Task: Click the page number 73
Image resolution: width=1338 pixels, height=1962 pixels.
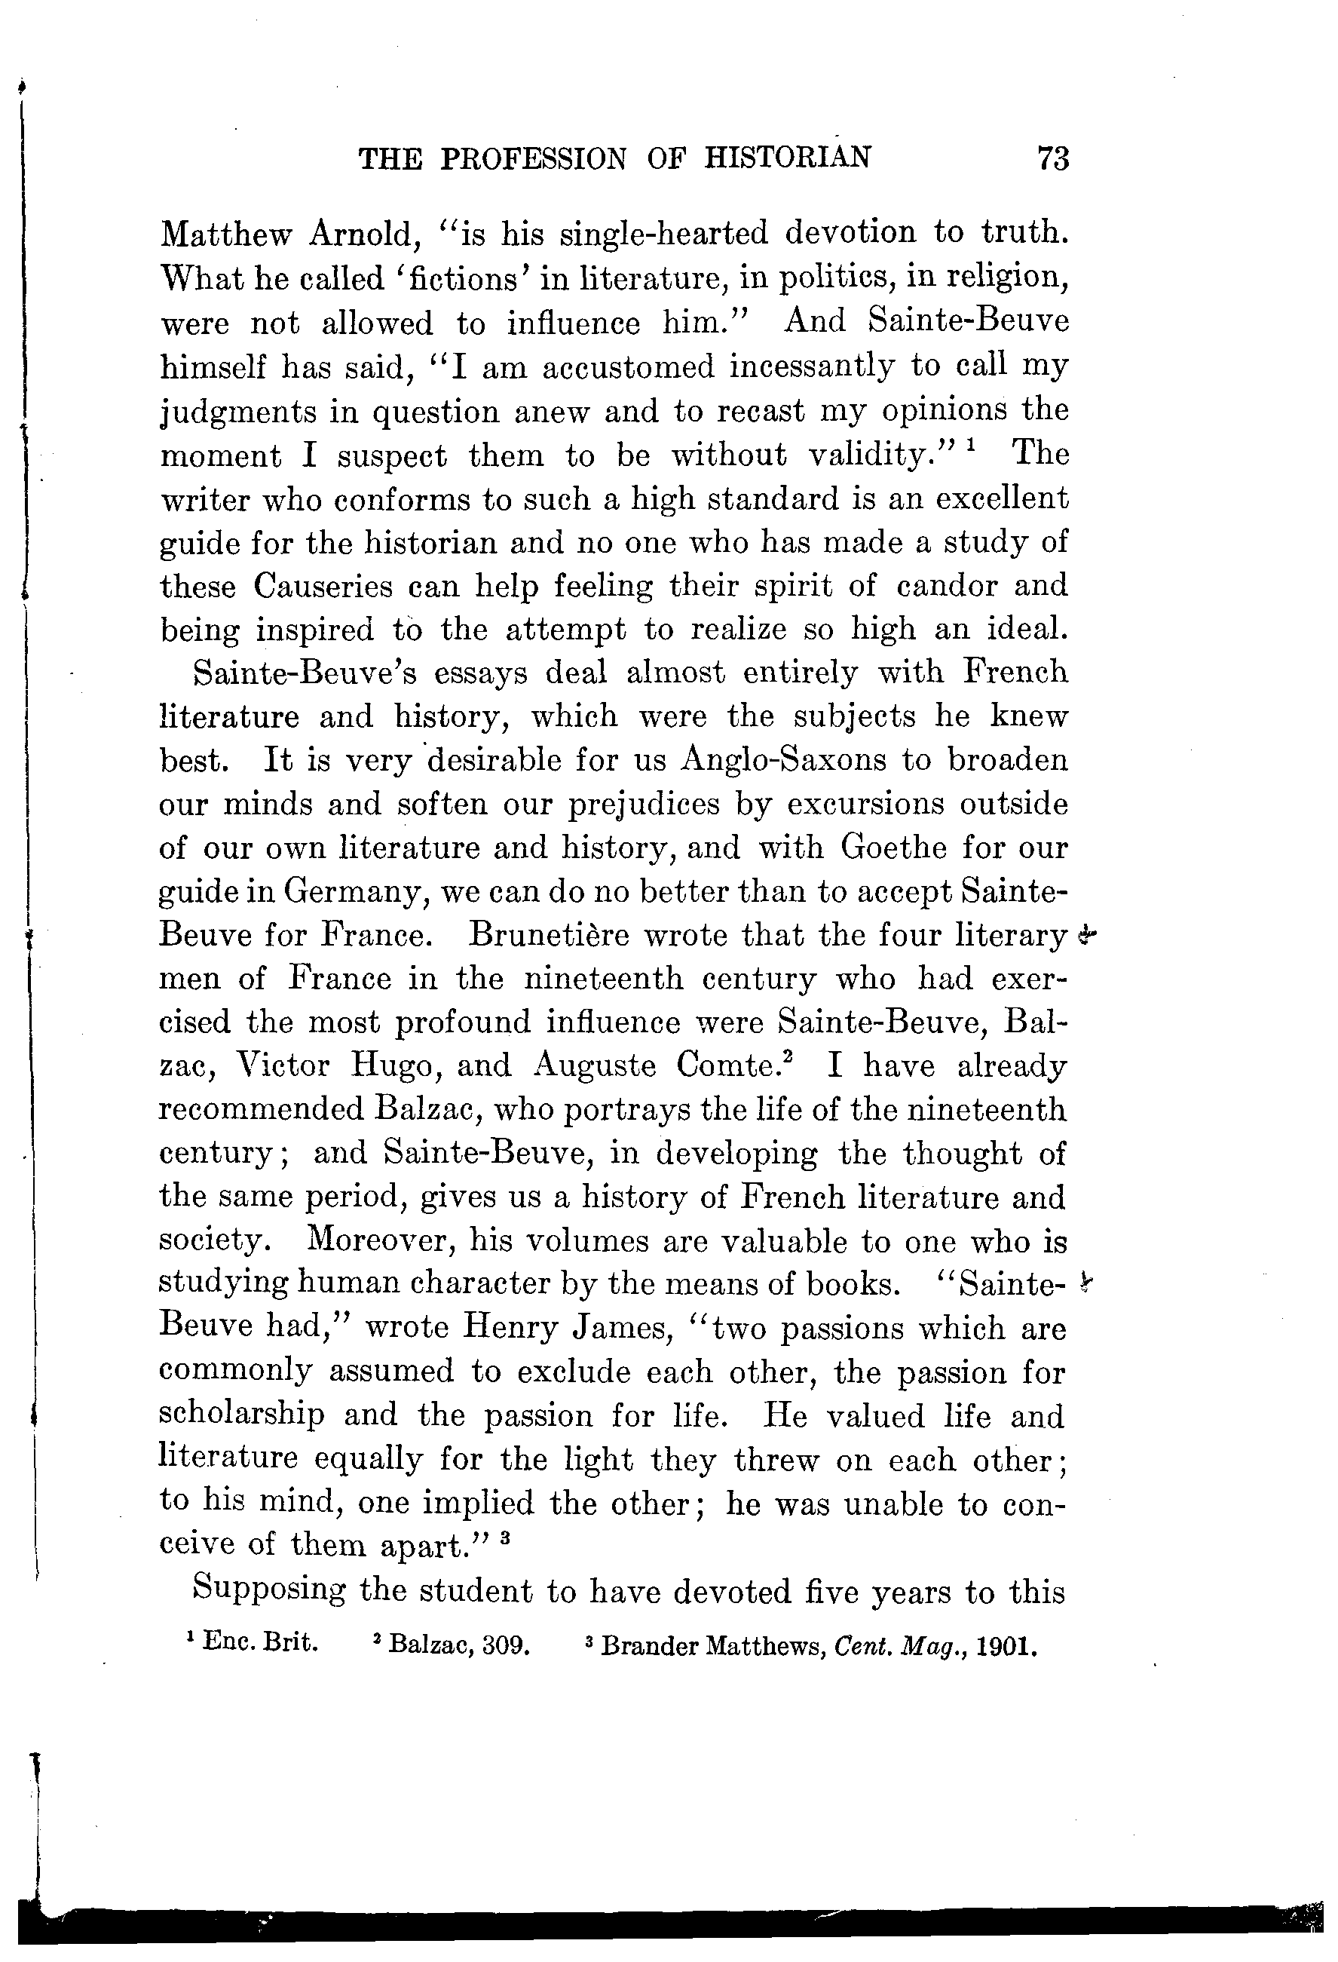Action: coord(1054,158)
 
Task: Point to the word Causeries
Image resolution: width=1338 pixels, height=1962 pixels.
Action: coord(323,586)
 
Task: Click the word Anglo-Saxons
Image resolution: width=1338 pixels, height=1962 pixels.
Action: coord(783,760)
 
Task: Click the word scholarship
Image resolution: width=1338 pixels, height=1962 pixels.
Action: coord(241,1416)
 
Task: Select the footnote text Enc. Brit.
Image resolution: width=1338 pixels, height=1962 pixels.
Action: coord(261,1644)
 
